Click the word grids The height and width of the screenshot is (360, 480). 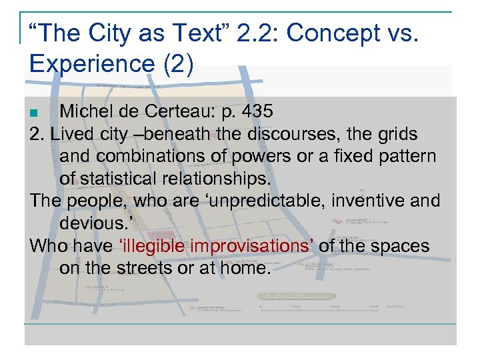[x=394, y=134]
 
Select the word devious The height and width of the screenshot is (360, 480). [x=95, y=223]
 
